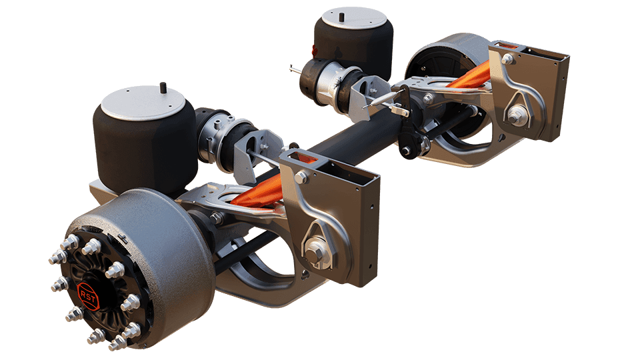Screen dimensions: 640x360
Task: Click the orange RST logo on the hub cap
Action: (x=88, y=296)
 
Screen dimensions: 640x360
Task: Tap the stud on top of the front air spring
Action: (x=163, y=87)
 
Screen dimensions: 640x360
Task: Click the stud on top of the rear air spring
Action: (x=341, y=17)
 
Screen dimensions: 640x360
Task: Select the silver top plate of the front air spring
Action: (x=144, y=102)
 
